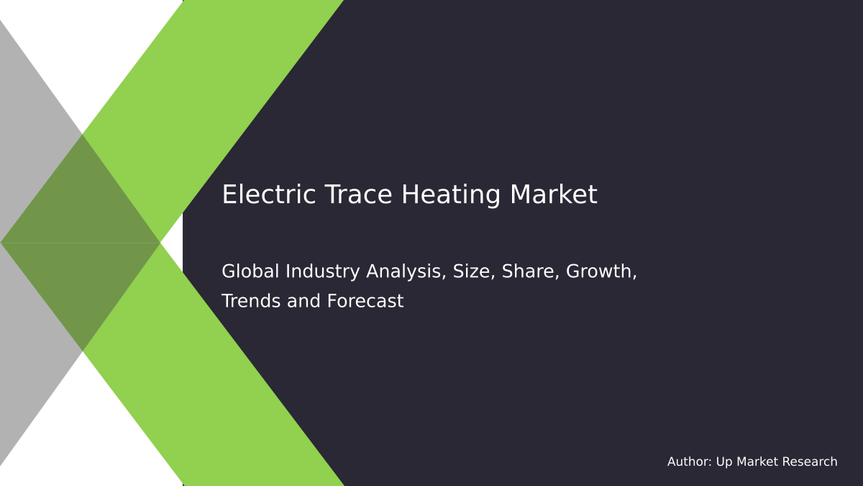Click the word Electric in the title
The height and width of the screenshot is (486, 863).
pos(258,195)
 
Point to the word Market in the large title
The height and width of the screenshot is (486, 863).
pos(554,195)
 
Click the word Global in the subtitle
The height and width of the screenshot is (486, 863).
pos(250,271)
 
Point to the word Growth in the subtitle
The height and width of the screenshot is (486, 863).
pos(601,271)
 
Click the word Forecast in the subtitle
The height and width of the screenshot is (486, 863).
pos(365,301)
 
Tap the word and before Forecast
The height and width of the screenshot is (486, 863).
pos(304,301)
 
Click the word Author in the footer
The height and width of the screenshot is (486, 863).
pos(689,462)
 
